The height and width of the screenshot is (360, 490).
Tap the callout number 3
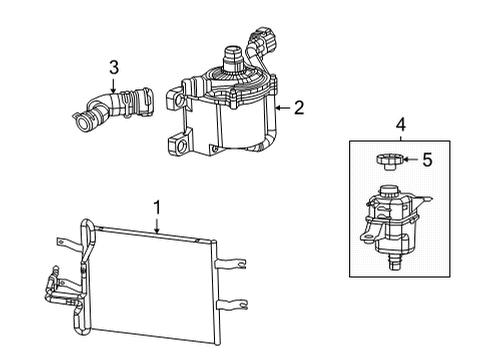pos(115,68)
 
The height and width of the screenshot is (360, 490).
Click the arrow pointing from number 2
pos(281,105)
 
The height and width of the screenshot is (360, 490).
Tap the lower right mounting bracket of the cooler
pos(232,303)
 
